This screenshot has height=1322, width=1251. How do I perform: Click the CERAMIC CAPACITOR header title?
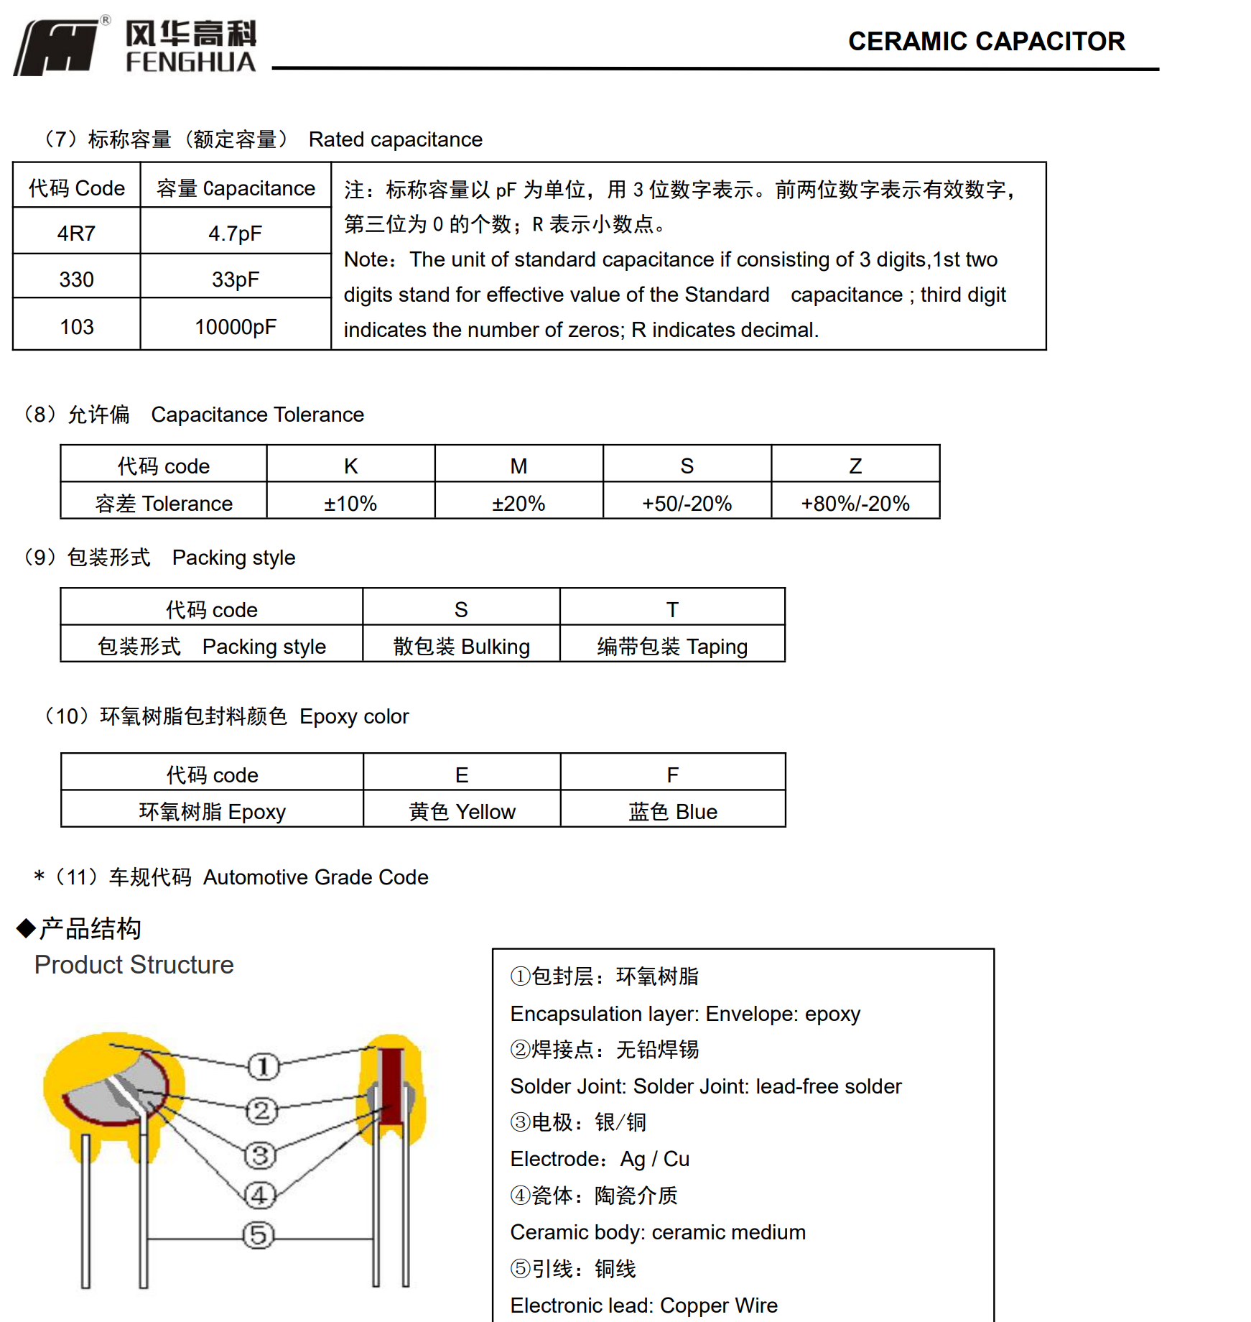[986, 42]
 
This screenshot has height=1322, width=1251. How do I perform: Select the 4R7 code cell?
[76, 234]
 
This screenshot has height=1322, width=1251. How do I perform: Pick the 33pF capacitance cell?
[235, 279]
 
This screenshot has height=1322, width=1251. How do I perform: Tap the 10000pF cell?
[235, 327]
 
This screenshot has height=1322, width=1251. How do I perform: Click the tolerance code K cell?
[350, 466]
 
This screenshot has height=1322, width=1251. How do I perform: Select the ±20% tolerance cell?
[518, 504]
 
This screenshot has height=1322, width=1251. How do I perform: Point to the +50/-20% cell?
[687, 504]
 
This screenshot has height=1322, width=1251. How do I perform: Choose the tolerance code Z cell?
[855, 466]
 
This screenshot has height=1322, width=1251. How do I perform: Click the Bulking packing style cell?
[461, 647]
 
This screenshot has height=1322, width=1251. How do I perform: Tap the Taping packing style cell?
[672, 647]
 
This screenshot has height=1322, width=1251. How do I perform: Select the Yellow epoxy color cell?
[462, 812]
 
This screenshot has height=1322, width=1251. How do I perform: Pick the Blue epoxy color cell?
[673, 812]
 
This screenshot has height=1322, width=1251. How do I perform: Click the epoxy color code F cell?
[673, 775]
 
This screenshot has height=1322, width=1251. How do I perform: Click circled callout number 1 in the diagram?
[263, 1066]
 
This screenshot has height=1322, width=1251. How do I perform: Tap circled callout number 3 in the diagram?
[260, 1155]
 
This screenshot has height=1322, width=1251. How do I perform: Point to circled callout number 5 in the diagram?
[259, 1235]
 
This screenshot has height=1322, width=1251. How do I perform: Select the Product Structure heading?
[134, 964]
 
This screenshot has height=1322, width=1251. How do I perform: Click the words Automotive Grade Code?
[315, 877]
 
